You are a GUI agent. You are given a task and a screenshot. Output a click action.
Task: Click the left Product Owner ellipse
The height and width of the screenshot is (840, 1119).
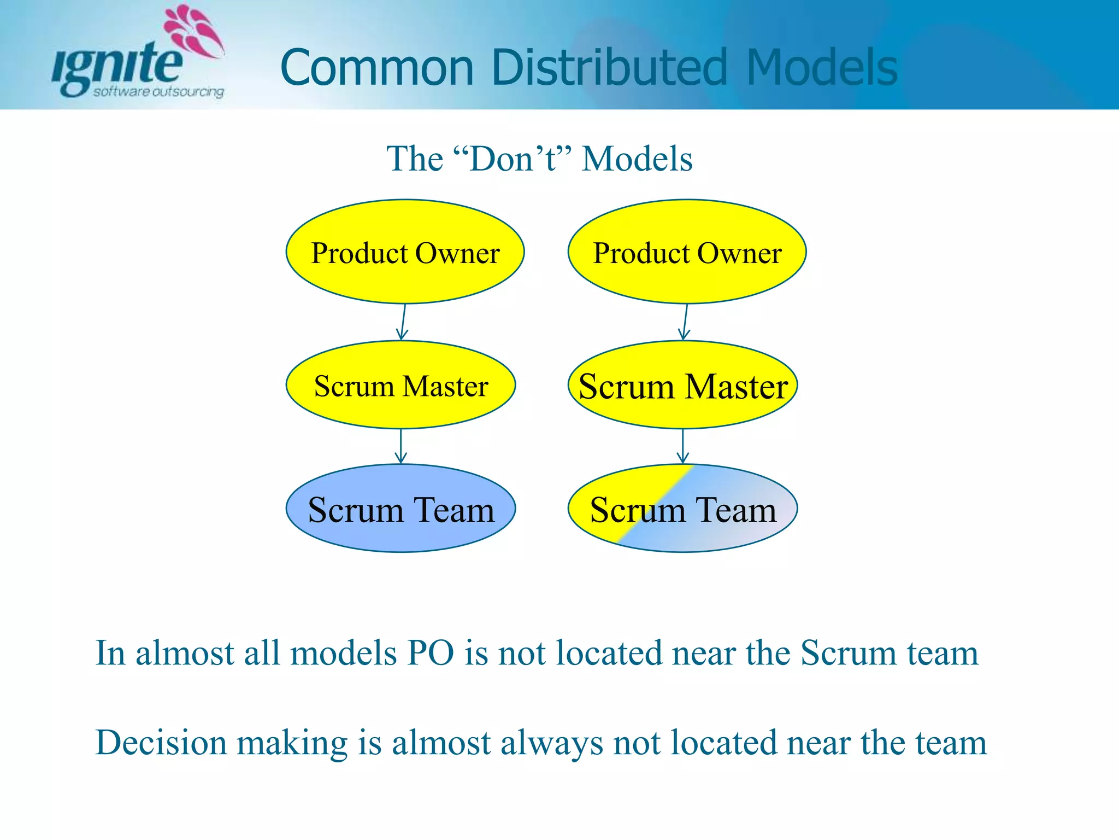coord(405,252)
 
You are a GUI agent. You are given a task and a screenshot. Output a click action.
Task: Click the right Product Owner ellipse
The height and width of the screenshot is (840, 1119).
coord(687,252)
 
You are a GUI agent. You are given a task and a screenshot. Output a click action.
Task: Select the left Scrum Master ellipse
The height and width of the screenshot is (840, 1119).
coord(401,385)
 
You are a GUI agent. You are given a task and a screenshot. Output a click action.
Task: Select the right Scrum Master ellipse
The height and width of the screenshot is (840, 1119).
coord(682,385)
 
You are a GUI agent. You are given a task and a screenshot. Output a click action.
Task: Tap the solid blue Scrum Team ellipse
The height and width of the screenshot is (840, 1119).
coord(401,509)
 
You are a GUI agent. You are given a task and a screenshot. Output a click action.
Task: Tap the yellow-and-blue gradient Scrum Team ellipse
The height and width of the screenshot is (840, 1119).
coord(682,509)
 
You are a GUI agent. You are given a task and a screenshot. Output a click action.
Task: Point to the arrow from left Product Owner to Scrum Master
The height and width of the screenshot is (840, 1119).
coord(403,322)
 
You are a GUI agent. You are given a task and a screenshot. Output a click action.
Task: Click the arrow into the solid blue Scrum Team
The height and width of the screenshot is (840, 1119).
coord(401,446)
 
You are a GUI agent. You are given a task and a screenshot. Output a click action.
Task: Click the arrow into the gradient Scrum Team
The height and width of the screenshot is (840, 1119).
coord(683,446)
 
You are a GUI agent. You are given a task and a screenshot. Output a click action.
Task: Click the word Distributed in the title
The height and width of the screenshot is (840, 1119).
coord(609,68)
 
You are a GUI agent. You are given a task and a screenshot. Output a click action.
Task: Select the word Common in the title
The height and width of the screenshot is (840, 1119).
coord(376,68)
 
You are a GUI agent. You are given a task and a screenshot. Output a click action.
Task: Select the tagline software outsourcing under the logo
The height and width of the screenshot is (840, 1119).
coord(158,91)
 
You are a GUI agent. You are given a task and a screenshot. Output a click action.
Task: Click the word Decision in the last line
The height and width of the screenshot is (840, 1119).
coord(161,743)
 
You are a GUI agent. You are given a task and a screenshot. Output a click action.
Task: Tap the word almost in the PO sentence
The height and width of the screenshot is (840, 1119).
coord(185,653)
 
